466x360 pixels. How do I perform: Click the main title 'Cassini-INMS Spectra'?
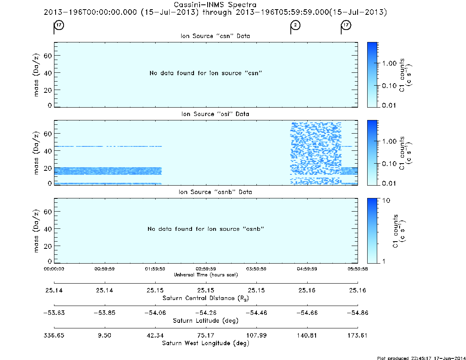215,5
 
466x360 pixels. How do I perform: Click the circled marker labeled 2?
296,25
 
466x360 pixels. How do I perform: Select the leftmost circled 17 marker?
59,25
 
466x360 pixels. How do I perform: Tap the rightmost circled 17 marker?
346,25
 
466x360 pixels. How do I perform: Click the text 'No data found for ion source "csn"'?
206,73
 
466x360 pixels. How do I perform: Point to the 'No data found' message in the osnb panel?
206,229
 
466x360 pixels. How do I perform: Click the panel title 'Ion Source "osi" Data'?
215,114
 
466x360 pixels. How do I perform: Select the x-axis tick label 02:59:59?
206,269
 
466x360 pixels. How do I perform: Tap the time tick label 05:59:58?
358,269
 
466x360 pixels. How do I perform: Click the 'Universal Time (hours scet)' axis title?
206,275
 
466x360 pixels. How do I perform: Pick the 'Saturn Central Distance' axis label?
206,298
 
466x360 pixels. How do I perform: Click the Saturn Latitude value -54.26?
206,313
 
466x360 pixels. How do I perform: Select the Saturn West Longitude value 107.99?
256,335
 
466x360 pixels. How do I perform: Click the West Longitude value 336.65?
54,335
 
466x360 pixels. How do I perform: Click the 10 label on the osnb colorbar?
386,200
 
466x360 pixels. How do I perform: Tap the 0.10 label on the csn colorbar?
389,86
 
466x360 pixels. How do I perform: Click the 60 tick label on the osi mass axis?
48,134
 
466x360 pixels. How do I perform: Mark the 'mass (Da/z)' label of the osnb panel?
36,231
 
